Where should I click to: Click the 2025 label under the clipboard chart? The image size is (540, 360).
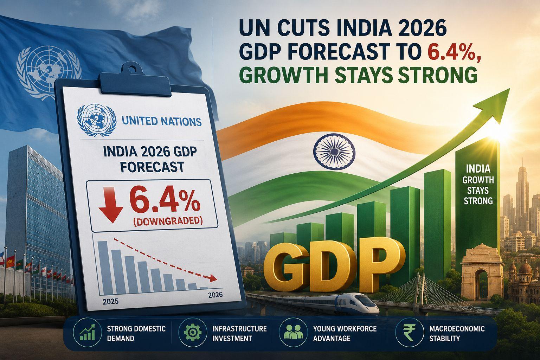click(x=110, y=302)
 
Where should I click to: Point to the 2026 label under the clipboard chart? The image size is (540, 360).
click(x=215, y=295)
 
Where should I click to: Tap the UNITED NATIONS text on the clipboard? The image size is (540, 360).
click(x=161, y=121)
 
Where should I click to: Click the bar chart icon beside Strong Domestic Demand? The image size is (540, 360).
click(x=87, y=332)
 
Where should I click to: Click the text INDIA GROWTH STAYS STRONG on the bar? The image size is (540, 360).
click(x=478, y=185)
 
